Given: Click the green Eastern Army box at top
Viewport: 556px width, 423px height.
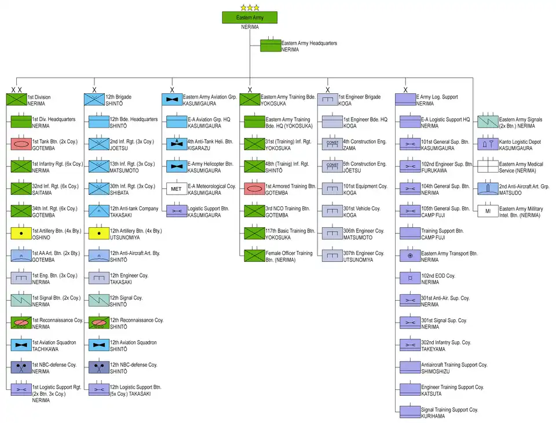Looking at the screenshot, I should pos(250,17).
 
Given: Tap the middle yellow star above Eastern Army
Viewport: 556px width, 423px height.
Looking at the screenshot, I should pos(250,8).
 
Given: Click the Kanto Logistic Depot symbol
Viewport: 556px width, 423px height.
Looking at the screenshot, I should pos(488,144).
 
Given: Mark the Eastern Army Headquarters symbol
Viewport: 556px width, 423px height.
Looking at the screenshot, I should pos(270,46).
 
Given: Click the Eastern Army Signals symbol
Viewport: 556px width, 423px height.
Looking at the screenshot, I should pos(488,122).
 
